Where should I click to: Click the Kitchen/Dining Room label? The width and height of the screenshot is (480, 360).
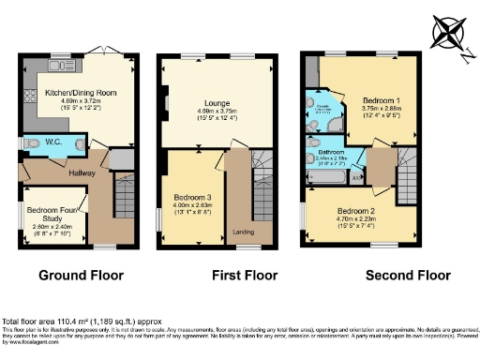[x=78, y=94]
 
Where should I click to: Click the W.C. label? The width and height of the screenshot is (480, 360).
[x=52, y=143]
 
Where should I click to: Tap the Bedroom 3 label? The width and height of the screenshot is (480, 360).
[x=192, y=197]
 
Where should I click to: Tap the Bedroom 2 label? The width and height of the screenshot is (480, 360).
[x=357, y=211]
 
